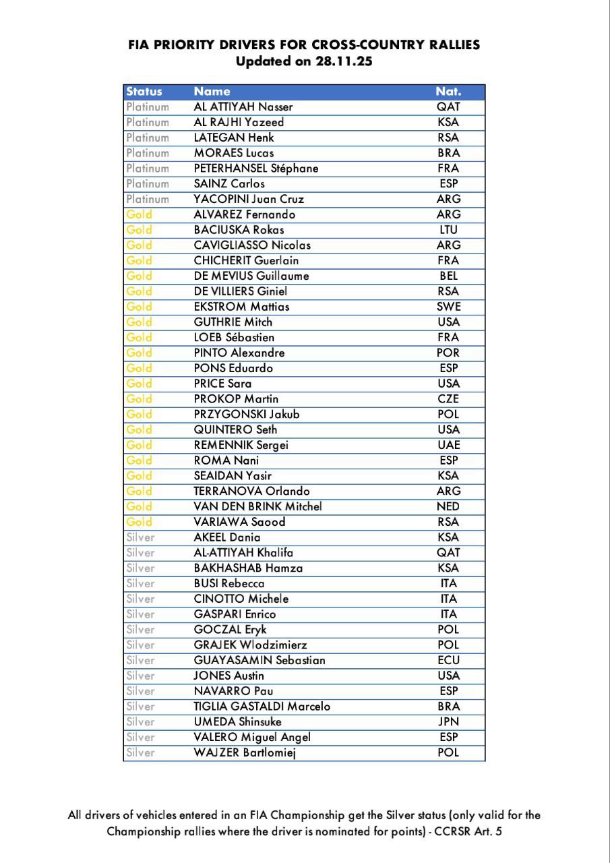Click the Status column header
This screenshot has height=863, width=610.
coord(144,92)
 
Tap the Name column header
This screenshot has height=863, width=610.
coord(212,92)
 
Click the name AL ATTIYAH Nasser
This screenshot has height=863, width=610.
coord(243,107)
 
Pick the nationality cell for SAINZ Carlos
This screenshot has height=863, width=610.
coord(448,183)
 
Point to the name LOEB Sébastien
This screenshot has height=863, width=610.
coord(234,337)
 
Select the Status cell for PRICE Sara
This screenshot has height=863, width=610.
coord(140,384)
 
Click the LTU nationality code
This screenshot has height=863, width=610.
coord(448,230)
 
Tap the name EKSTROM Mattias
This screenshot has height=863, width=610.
coord(241,307)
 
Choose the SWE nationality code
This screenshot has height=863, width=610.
coord(448,307)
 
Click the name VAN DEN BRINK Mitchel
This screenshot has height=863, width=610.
coord(257,506)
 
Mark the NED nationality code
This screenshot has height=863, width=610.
coord(448,506)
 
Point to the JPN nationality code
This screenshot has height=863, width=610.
coord(448,721)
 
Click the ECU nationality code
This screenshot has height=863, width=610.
coord(448,660)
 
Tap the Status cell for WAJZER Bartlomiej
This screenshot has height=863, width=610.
coord(140,752)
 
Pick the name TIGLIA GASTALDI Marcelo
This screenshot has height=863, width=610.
coord(262,707)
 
